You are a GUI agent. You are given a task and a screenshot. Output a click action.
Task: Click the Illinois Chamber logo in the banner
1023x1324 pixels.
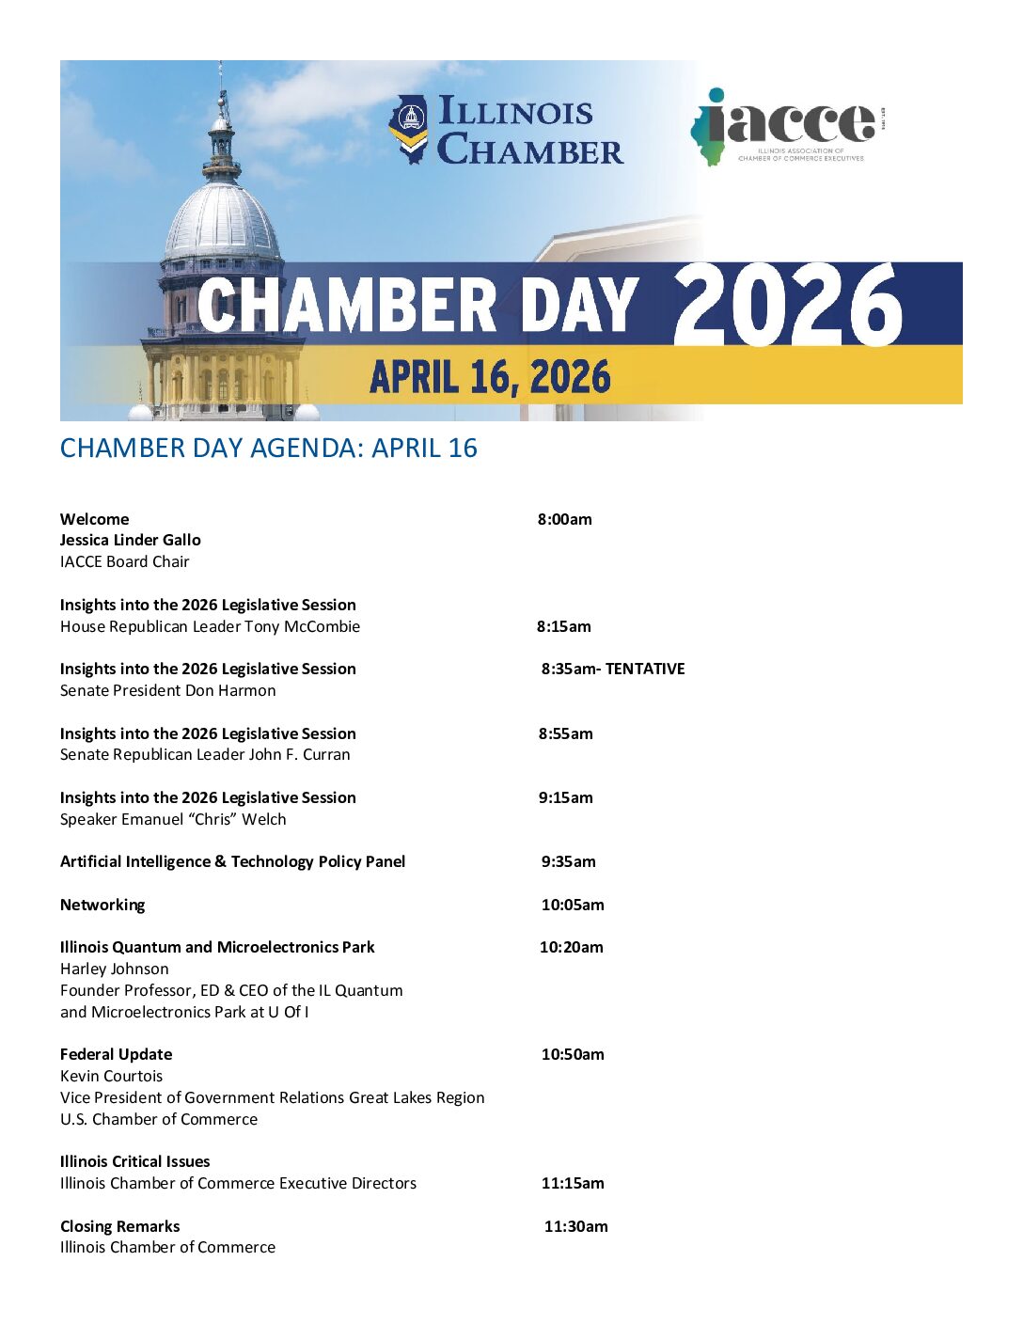coord(507,131)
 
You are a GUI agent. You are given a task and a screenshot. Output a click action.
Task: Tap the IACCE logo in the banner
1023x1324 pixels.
coord(788,126)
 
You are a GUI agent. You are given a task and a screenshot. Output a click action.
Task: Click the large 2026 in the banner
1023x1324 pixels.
coord(787,305)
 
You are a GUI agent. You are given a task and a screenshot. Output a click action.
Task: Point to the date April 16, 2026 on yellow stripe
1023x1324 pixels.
coord(490,377)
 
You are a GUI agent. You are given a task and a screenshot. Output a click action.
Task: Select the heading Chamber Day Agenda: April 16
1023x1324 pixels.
coord(269,448)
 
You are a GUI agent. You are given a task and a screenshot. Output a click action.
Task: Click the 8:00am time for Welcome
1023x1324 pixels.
coord(564,519)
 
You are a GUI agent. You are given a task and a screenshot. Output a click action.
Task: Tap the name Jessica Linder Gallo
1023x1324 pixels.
coord(131,540)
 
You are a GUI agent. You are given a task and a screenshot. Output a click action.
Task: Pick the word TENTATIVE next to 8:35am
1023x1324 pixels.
coord(645,669)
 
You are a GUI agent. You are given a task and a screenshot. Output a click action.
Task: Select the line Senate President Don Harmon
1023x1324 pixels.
coord(168,690)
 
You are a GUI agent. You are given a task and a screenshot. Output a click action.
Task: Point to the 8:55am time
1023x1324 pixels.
coord(565,733)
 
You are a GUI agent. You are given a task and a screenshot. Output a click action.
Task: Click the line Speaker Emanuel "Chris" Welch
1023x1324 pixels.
coord(173,819)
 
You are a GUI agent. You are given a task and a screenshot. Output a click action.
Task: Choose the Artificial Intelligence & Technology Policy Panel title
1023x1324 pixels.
coord(232,861)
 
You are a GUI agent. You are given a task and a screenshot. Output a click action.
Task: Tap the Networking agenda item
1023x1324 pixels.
coord(102,905)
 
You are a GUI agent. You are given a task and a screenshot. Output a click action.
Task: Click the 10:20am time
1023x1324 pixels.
coord(571,947)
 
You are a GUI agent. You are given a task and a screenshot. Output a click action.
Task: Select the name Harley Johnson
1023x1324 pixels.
coord(115,969)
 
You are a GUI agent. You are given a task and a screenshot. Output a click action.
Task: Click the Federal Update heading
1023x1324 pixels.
coord(117,1054)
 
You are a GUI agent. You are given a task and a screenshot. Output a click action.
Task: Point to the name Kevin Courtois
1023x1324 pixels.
coord(112,1076)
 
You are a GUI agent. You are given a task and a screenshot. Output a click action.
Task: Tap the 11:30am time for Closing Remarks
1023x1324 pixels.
coord(575,1226)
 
